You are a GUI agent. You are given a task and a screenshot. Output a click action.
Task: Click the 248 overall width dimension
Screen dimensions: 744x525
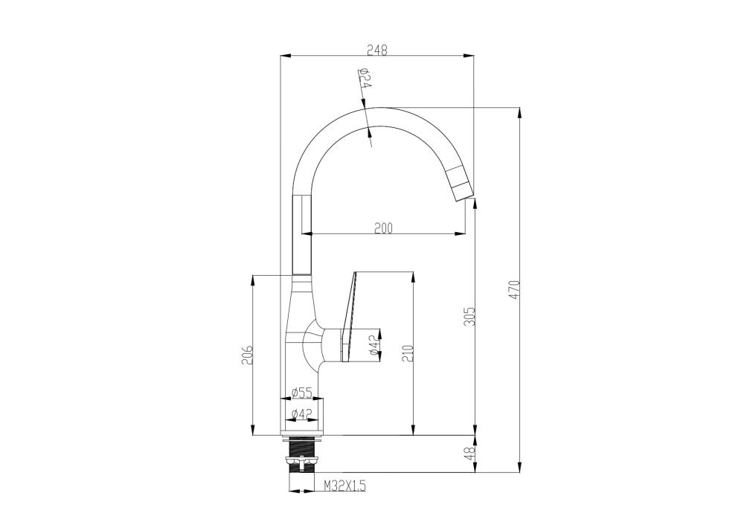click(377, 50)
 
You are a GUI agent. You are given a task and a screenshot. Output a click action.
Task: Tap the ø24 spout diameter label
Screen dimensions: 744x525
click(365, 78)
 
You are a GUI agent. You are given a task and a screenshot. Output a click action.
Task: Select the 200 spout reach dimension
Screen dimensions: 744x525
click(383, 228)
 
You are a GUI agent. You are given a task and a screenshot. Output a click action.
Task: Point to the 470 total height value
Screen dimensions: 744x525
click(516, 290)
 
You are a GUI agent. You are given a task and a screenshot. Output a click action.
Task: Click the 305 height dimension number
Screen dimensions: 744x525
click(469, 316)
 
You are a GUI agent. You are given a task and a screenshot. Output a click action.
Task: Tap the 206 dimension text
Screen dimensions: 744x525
click(247, 354)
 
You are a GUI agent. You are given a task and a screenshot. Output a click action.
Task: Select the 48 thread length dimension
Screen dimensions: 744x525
click(469, 454)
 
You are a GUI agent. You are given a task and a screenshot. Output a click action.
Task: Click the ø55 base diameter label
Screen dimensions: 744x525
click(301, 393)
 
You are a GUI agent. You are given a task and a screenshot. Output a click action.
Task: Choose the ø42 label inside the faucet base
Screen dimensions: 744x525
click(301, 414)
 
